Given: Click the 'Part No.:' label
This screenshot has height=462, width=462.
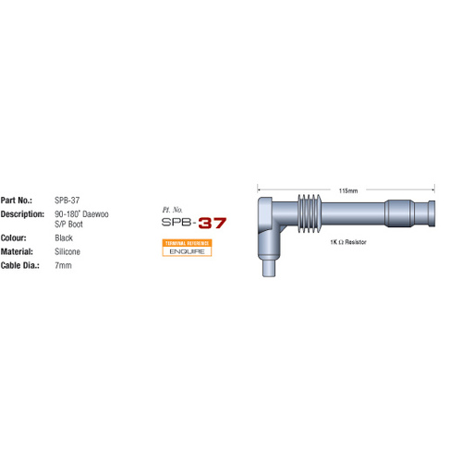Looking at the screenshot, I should click(18, 200).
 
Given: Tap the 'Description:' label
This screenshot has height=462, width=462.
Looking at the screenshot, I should click(22, 213).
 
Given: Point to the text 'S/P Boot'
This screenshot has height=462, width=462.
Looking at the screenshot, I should click(71, 223).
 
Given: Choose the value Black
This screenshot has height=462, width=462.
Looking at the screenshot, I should click(65, 237).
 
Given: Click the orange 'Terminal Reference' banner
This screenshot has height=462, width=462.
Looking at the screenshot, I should click(187, 242).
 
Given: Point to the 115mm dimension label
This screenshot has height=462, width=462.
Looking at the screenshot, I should click(348, 191).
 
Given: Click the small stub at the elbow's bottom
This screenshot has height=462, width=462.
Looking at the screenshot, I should click(269, 269).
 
